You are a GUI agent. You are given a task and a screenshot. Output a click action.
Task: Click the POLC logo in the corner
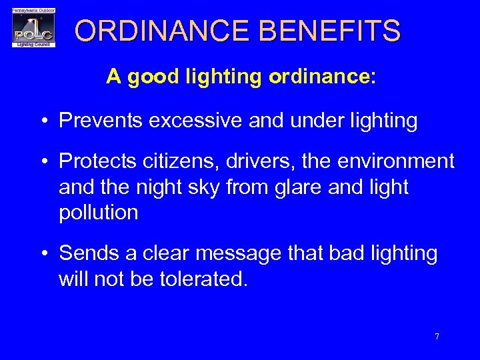(34, 27)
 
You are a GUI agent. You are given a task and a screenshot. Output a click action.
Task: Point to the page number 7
(437, 337)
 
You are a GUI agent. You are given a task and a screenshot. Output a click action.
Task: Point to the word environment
(400, 162)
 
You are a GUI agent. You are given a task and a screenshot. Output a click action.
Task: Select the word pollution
(99, 213)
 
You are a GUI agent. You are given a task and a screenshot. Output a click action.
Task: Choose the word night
(149, 188)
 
